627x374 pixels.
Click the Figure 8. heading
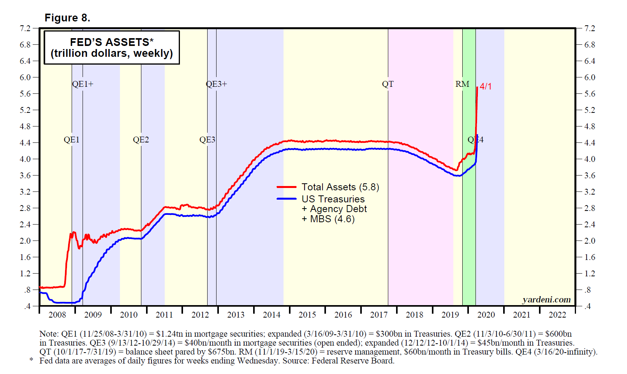click(x=67, y=18)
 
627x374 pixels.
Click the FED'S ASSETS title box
click(x=111, y=47)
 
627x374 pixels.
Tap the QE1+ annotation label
click(x=83, y=84)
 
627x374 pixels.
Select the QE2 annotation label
click(x=141, y=140)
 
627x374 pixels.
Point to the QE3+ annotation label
click(x=216, y=84)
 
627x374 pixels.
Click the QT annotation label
click(x=387, y=84)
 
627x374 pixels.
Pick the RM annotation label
click(x=462, y=84)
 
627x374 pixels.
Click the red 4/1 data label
click(x=486, y=86)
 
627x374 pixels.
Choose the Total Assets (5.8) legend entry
click(x=340, y=187)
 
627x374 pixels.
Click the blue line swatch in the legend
click(x=287, y=199)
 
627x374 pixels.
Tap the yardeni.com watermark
click(x=546, y=299)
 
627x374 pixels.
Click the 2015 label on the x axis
click(x=307, y=314)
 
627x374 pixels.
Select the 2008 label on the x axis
click(x=57, y=314)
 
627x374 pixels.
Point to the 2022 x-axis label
click(x=557, y=314)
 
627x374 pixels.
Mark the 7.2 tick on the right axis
click(x=590, y=28)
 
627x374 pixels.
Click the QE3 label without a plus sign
click(x=207, y=140)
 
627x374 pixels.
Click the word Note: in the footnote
click(x=49, y=334)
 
